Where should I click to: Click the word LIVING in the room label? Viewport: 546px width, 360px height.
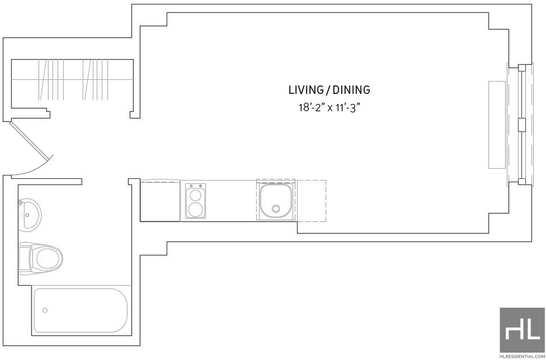[305, 90]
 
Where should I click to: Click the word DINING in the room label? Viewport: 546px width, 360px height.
[351, 90]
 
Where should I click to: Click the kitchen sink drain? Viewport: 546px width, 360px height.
[276, 209]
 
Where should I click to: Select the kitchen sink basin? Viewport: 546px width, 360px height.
[275, 201]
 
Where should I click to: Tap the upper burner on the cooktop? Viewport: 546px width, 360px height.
[195, 193]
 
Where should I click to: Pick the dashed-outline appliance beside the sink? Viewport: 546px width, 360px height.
[311, 200]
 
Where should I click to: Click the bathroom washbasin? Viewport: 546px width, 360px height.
[30, 214]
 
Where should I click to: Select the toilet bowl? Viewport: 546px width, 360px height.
[48, 258]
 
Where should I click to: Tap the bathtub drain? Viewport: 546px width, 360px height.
[44, 310]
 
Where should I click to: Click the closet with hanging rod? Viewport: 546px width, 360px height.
[73, 83]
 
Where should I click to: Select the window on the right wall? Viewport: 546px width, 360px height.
[520, 125]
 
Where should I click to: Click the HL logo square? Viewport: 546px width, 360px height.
[522, 330]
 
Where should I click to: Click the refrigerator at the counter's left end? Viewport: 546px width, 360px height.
[160, 201]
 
